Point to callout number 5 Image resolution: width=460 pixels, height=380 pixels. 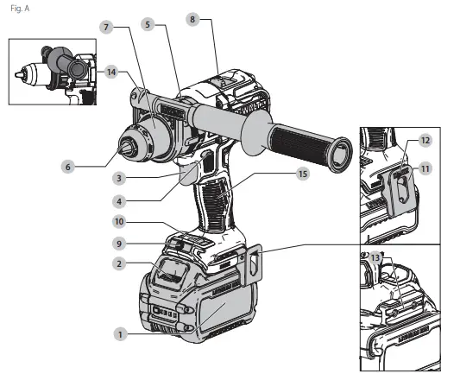coord(148,26)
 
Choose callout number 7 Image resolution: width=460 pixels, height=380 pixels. coord(106,28)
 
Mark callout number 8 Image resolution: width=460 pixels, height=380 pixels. coord(192,17)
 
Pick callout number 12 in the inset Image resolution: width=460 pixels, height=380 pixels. coord(425,140)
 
